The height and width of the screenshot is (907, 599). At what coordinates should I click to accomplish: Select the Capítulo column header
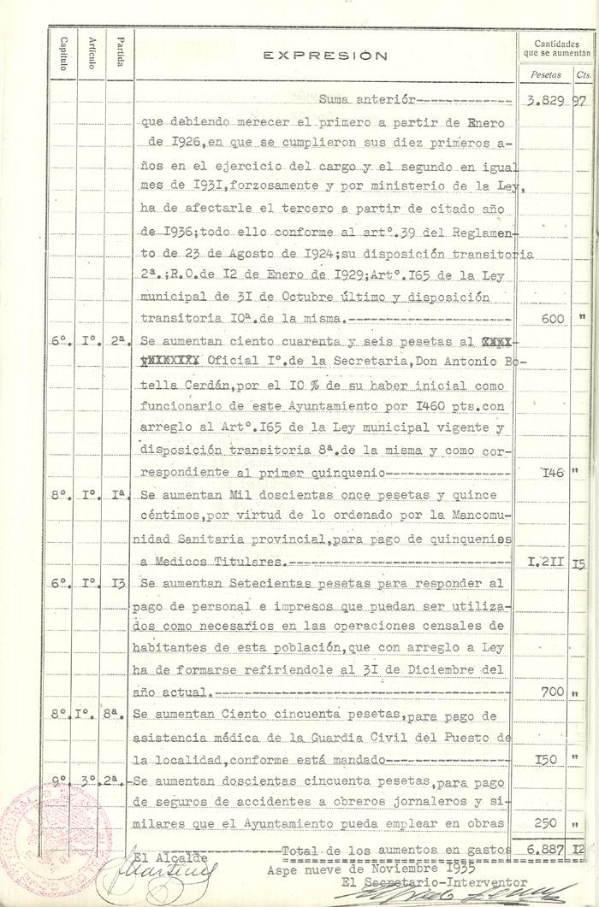pos(63,54)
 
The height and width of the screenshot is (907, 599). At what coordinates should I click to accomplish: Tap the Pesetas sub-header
pos(546,74)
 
